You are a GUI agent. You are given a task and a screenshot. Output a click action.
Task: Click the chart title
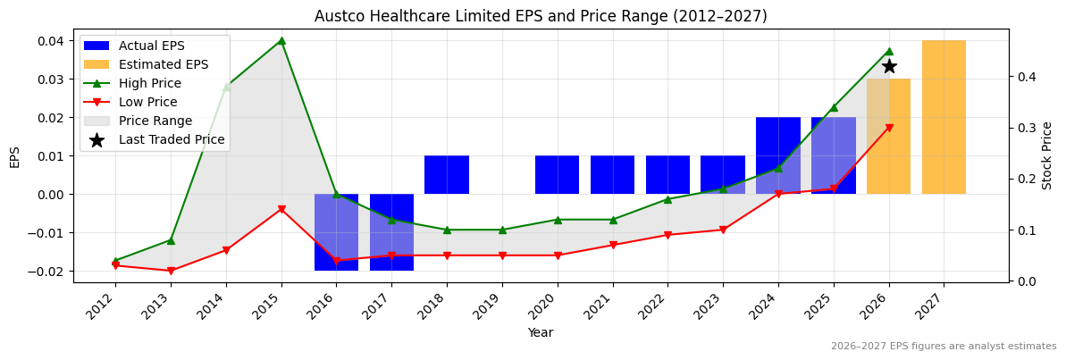point(541,16)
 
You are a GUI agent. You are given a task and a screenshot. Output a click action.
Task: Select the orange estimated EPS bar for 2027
point(944,117)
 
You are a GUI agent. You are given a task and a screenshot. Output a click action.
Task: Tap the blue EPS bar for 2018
point(447,175)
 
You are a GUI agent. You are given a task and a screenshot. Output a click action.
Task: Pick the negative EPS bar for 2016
point(336,231)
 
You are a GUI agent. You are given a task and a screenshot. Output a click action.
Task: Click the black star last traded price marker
point(889,66)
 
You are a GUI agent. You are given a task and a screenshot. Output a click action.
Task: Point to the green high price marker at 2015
point(281,40)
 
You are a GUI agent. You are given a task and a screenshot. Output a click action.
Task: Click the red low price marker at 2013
point(171,271)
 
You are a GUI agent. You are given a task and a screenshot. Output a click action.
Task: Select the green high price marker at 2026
point(888,51)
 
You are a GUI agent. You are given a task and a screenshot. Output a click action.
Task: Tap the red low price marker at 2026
point(888,128)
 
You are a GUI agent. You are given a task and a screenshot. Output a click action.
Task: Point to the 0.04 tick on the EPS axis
point(50,41)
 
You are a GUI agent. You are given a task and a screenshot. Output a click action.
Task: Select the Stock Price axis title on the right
point(1047,155)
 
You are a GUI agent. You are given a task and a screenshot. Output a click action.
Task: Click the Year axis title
point(541,332)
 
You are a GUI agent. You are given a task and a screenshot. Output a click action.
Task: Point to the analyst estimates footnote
point(943,347)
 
